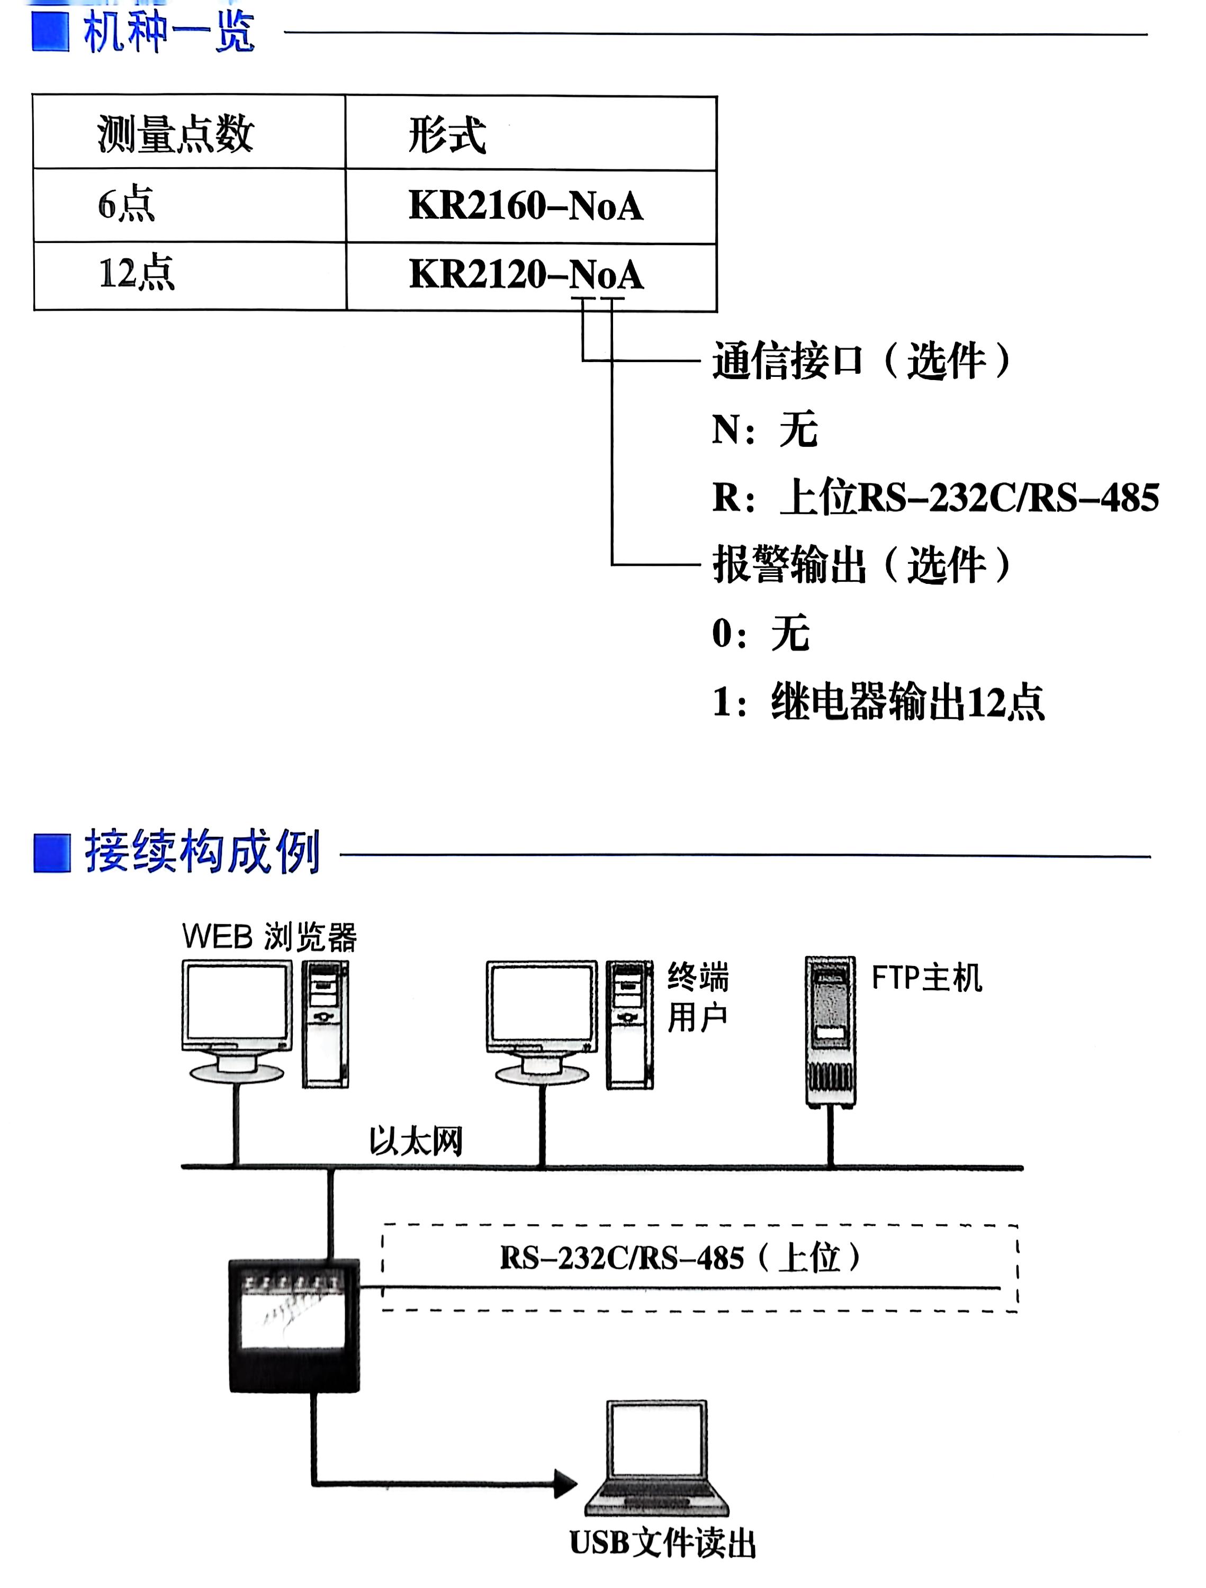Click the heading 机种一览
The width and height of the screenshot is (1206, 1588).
169,32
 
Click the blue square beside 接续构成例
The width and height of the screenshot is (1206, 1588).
52,852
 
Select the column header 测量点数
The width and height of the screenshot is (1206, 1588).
175,134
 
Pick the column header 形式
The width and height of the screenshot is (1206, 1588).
446,135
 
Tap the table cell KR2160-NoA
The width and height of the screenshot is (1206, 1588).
526,206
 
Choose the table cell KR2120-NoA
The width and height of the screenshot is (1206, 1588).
526,274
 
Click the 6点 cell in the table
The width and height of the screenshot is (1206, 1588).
127,205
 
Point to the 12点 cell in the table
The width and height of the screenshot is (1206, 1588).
137,274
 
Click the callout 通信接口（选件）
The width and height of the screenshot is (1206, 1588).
861,360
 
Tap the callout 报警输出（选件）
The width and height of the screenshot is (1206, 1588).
861,564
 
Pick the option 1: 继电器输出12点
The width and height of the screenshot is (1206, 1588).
877,701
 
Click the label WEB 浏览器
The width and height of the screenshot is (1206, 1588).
269,937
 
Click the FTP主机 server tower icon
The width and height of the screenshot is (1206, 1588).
830,1030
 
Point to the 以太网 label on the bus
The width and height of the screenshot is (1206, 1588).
416,1141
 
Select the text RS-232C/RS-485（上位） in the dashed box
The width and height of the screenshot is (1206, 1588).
680,1258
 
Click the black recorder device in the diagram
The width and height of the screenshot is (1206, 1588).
294,1324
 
